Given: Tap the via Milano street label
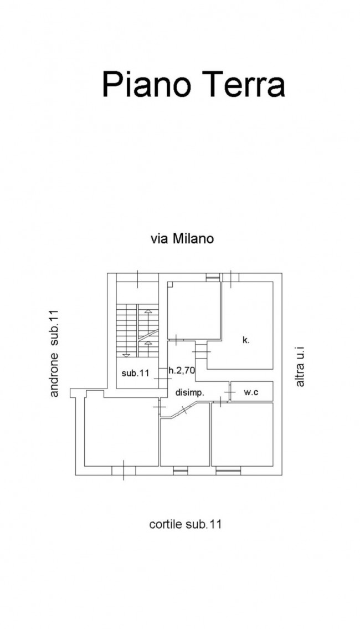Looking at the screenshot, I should (182, 239).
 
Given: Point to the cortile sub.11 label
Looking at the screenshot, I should (185, 524).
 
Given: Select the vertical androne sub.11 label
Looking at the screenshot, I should (55, 354).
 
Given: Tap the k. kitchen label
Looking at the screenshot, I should (246, 340).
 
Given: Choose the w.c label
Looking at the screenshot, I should (251, 392).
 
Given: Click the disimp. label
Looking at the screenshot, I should (190, 392).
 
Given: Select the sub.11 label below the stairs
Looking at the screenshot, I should (136, 374).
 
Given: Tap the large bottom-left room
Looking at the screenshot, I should (121, 432).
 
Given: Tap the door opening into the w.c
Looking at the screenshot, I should (228, 392).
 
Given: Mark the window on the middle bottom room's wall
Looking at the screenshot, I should (181, 471).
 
